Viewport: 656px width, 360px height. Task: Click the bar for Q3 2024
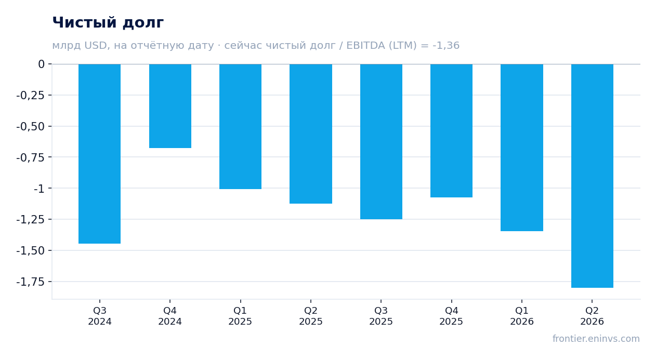coord(100,154)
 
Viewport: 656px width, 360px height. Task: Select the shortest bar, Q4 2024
coord(170,106)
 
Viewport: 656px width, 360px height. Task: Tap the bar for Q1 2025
coord(241,126)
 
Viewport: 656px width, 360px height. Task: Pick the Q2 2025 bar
coord(311,134)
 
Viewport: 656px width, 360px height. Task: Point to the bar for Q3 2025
coord(382,142)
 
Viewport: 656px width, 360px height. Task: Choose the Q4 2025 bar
coord(451,130)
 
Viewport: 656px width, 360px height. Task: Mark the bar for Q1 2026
coord(522,148)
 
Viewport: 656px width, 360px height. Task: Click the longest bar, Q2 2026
coord(592,176)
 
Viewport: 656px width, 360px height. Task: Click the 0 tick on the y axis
coord(41,64)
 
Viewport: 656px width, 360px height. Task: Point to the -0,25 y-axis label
coord(31,96)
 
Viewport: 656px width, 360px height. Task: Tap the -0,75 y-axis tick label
coord(31,157)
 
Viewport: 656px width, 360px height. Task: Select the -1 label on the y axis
coord(39,189)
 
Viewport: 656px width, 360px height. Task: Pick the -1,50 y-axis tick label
coord(31,251)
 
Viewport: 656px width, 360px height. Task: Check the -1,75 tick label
coord(31,282)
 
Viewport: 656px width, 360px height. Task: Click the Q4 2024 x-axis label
coord(170,316)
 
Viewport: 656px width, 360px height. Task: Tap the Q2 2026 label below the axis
coord(592,316)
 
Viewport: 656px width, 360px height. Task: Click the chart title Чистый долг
coord(108,22)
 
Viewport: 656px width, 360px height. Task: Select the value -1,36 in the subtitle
coord(446,45)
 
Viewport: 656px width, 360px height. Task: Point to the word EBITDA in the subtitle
coord(365,45)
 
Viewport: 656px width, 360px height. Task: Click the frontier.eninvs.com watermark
coord(596,339)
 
